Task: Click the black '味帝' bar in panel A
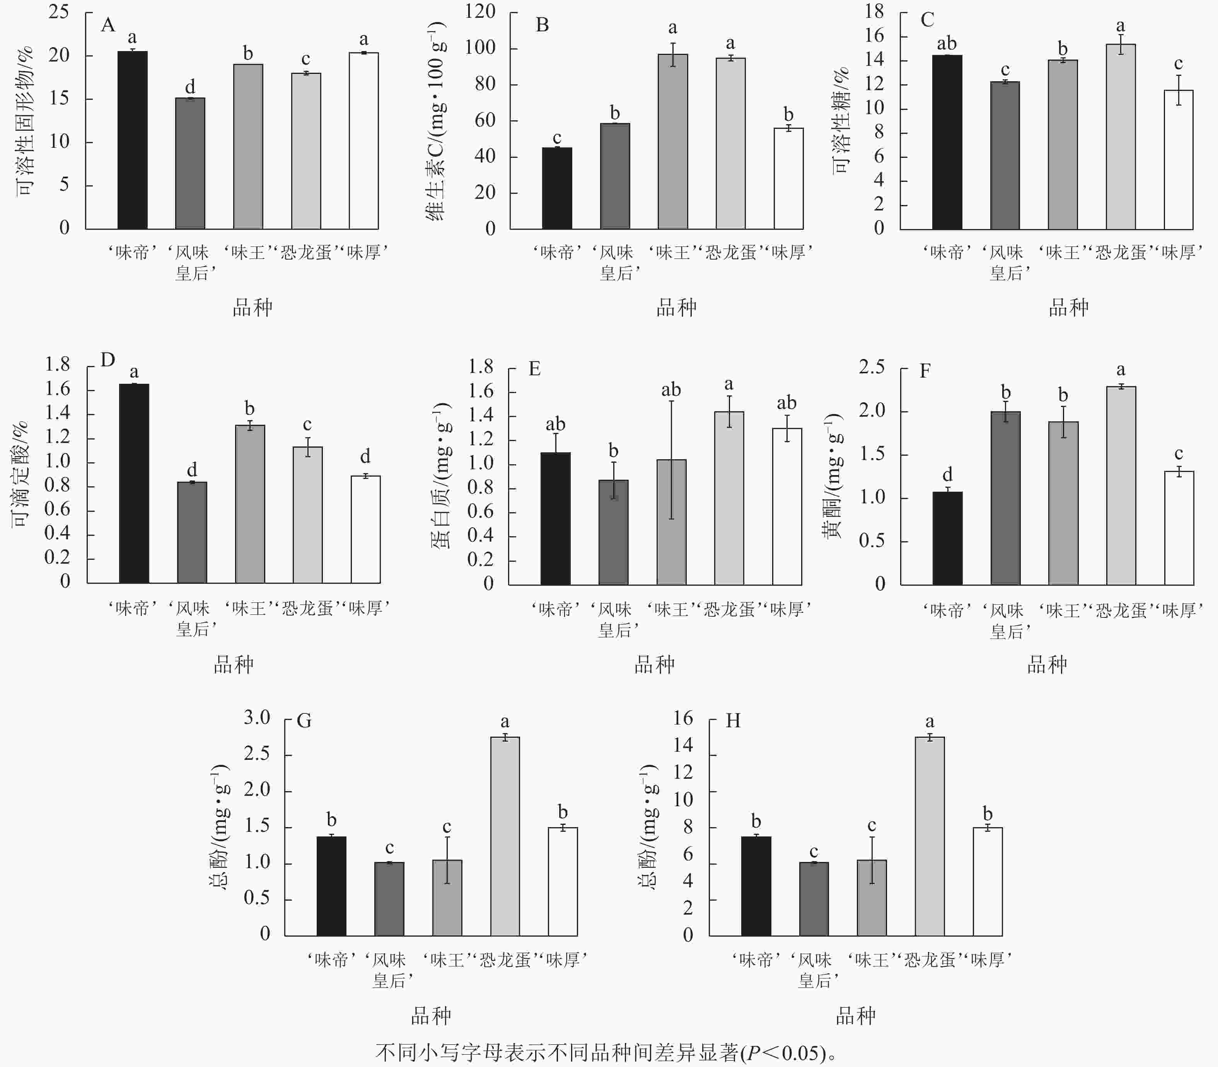coord(132,140)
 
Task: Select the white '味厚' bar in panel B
coord(788,179)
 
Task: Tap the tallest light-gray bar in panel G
coord(505,836)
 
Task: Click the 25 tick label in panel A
coord(59,12)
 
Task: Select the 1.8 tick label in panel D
coord(58,364)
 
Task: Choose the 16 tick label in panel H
coord(683,718)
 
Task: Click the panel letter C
coord(927,20)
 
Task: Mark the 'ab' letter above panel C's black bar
coord(947,43)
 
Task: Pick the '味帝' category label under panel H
coord(756,960)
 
